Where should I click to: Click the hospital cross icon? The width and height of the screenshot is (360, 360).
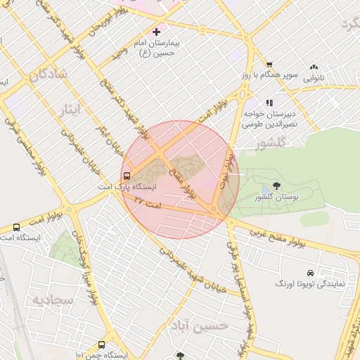click(157, 32)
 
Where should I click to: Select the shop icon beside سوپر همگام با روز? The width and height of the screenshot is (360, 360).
click(269, 63)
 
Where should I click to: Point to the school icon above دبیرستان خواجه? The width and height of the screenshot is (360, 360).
click(269, 102)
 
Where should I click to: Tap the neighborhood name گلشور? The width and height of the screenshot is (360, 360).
click(254, 144)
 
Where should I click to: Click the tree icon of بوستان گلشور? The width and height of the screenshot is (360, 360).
click(276, 186)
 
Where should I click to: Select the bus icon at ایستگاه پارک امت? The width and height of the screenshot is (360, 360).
click(127, 176)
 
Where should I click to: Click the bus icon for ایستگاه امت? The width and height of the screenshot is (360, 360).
click(16, 227)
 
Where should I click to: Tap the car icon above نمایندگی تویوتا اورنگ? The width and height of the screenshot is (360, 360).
click(310, 273)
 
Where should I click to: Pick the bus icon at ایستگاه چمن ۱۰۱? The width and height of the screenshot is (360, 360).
click(102, 345)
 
